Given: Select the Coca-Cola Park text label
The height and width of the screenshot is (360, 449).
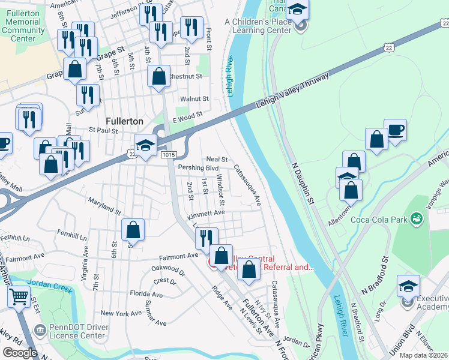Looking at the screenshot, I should tap(379, 219).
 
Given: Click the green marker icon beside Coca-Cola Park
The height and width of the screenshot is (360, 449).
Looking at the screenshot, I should tap(416, 220).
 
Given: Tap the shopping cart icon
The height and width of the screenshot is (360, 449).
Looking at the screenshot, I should tap(19, 296).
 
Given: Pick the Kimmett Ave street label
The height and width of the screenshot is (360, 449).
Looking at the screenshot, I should tap(206, 212).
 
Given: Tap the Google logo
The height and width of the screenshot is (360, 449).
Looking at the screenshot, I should tap(20, 353).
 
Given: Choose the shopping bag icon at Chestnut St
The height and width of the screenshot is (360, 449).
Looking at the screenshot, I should tap(158, 76).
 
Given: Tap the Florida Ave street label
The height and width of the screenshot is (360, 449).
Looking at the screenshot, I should tap(146, 295).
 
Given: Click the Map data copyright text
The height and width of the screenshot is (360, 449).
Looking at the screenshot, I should tap(423, 355).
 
